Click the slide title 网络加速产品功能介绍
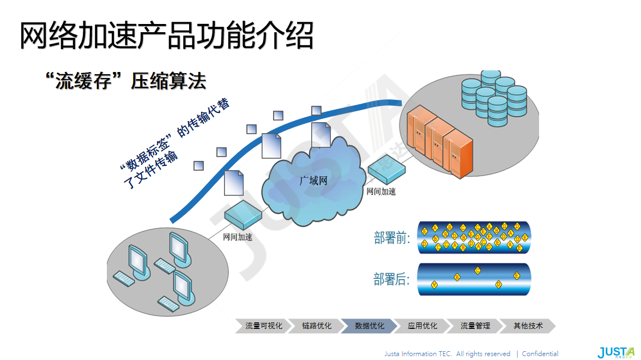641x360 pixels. (166, 36)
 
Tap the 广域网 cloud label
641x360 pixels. (313, 181)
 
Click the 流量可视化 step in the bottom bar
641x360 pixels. (264, 326)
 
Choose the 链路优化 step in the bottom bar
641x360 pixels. (317, 326)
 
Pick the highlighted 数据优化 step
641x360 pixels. (370, 326)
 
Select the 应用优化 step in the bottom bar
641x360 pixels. (422, 326)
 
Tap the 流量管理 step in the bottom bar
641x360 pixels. (475, 326)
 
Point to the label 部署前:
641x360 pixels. (392, 238)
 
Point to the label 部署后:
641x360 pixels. (392, 280)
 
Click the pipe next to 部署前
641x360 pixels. (474, 238)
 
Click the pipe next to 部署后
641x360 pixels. (474, 279)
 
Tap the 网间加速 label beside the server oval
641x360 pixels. (381, 191)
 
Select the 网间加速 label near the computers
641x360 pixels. (238, 237)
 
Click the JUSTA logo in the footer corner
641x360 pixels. (616, 352)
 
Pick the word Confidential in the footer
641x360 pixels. (540, 353)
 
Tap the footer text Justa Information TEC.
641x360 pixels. (418, 353)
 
